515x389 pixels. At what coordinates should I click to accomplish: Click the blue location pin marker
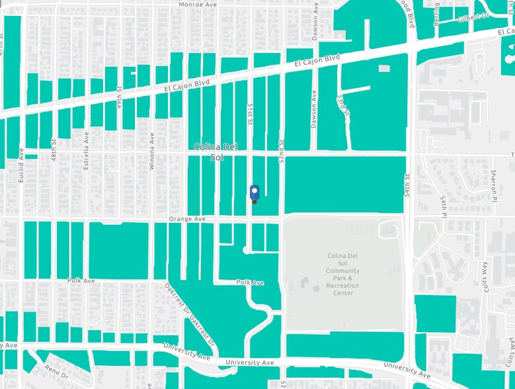[x=255, y=193]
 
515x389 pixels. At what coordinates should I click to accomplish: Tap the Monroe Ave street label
[x=198, y=5]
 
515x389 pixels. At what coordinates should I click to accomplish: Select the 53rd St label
[x=340, y=103]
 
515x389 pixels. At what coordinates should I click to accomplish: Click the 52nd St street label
[x=282, y=152]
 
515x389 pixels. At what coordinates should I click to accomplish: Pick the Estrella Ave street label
[x=86, y=150]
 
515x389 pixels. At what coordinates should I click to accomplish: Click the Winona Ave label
[x=152, y=151]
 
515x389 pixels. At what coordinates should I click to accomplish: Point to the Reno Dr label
[x=56, y=369]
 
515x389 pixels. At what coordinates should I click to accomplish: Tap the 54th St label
[x=408, y=185]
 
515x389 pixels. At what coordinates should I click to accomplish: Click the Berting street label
[x=436, y=13]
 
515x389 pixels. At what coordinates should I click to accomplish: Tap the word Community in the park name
[x=343, y=271]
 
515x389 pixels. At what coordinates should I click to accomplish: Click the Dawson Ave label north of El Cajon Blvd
[x=315, y=21]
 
